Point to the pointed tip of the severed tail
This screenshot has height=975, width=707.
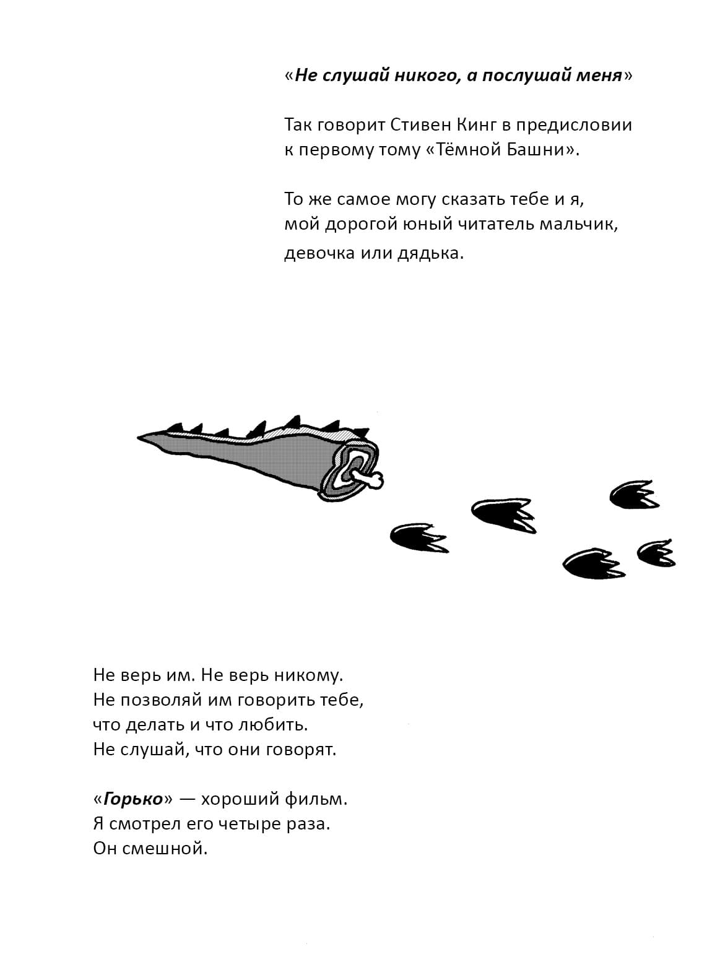(140, 438)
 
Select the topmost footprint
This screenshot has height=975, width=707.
(631, 495)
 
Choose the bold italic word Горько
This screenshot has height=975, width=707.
(132, 799)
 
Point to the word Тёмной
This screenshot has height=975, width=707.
(472, 150)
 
